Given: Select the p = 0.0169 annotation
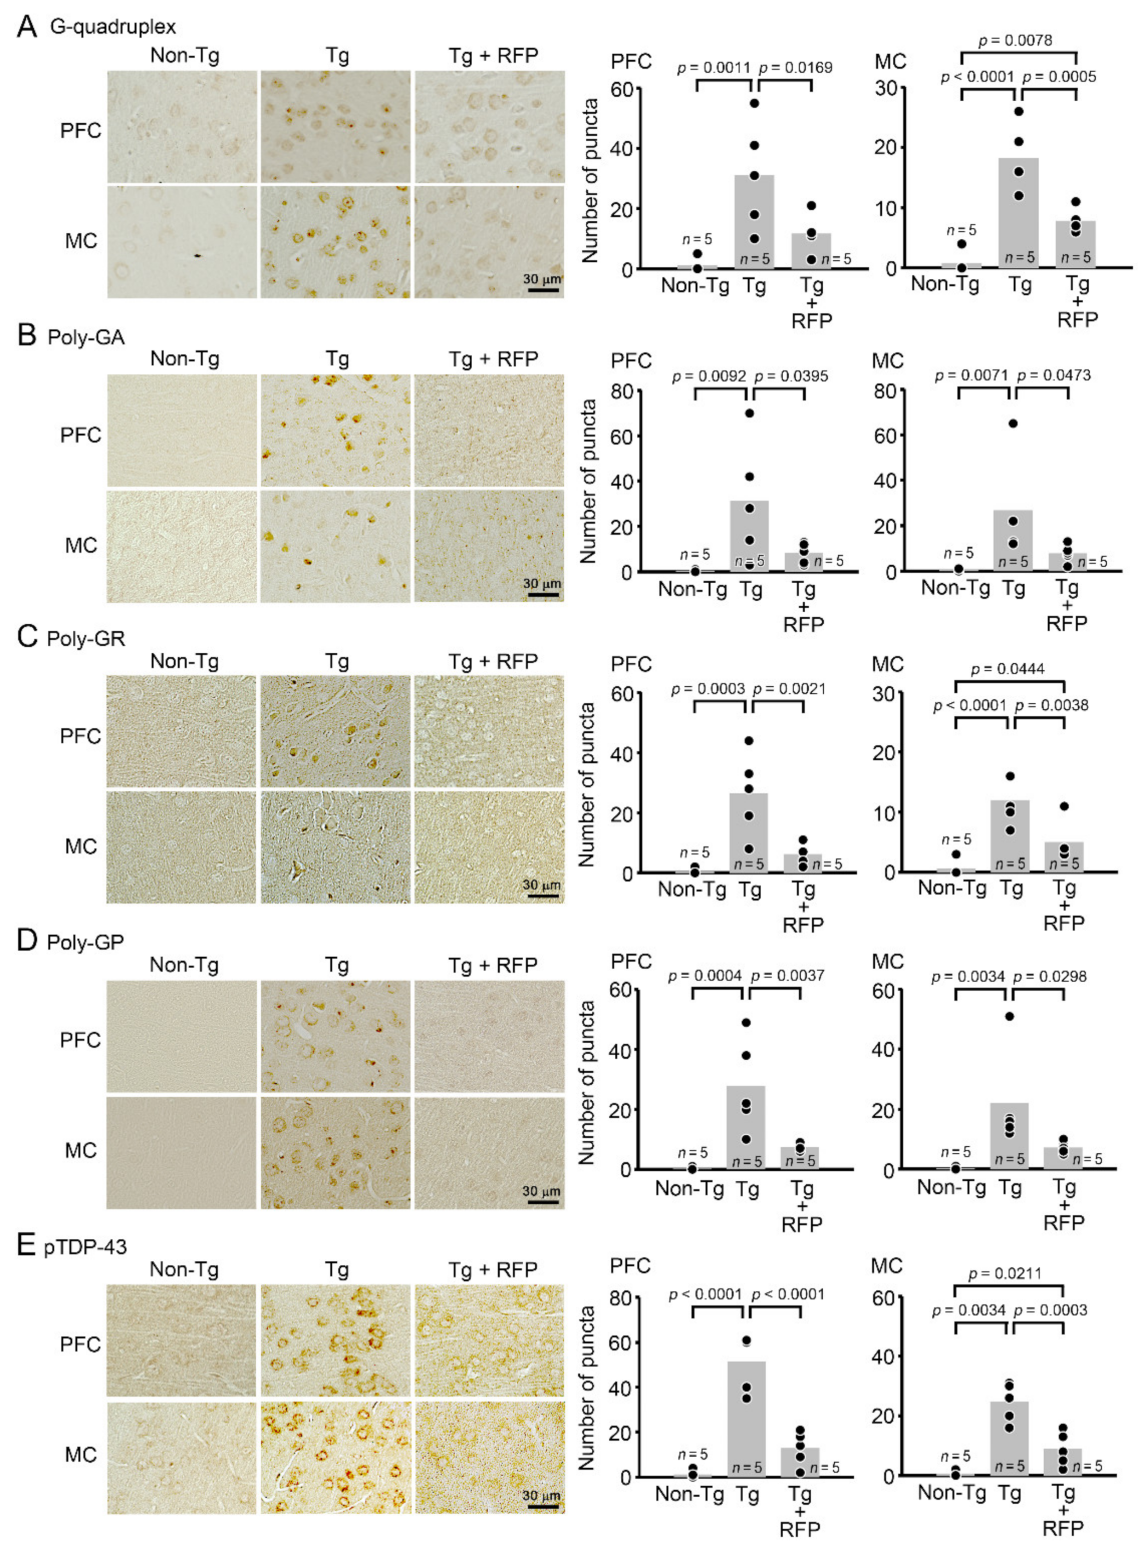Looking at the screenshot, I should [x=796, y=68].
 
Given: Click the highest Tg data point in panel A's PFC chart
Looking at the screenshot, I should [x=755, y=103].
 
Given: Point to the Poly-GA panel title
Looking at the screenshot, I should [x=86, y=337].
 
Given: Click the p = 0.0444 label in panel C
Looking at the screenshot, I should [x=1008, y=669].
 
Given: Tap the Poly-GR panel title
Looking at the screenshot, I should [x=86, y=638].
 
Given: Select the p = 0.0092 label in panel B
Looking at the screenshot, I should [x=709, y=376].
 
